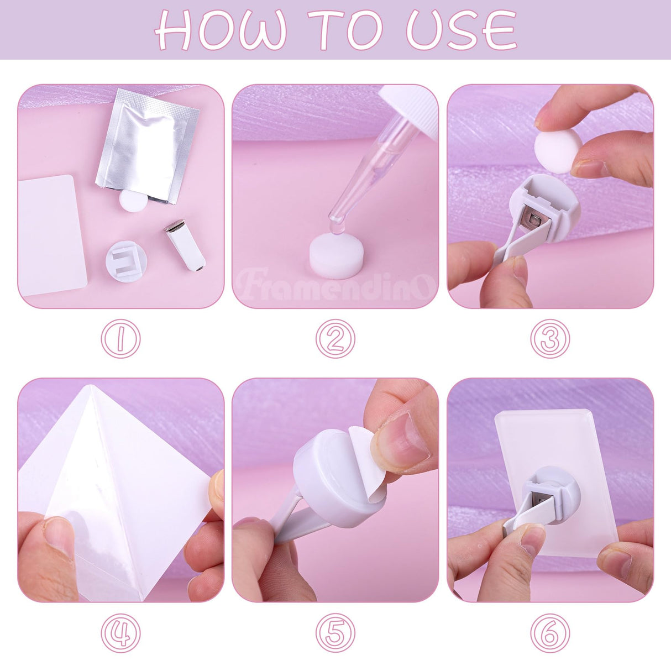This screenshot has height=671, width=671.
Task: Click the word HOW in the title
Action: point(221,30)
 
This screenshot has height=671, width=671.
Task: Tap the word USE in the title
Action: point(462,30)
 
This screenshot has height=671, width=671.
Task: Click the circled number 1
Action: point(121,338)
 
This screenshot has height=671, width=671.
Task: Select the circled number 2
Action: point(335,338)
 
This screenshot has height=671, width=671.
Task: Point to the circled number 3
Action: point(550,338)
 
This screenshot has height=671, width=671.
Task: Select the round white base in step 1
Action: point(127,262)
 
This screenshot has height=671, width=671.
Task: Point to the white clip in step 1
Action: point(185,245)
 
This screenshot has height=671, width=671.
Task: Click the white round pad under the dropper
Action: point(337,251)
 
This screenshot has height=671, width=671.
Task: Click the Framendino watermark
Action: point(335,285)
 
